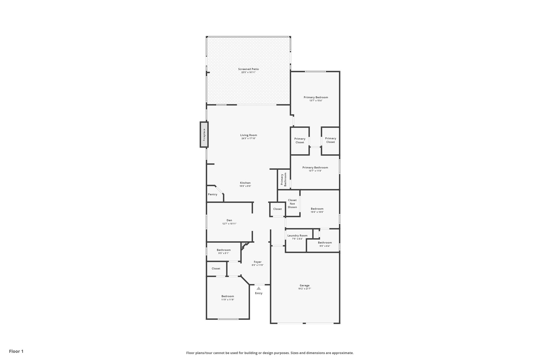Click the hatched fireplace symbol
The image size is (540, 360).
pyautogui.click(x=204, y=135)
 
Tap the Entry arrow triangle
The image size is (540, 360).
pyautogui.click(x=259, y=288)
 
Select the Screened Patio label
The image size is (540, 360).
pyautogui.click(x=248, y=69)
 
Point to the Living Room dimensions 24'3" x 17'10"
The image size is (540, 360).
pyautogui.click(x=248, y=138)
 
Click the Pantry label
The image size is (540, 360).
pyautogui.click(x=213, y=194)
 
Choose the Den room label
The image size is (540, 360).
pyautogui.click(x=229, y=220)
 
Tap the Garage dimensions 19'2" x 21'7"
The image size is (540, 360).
pyautogui.click(x=305, y=289)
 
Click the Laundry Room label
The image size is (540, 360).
pyautogui.click(x=297, y=236)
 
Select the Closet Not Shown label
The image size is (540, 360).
pyautogui.click(x=292, y=204)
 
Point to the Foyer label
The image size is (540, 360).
pyautogui.click(x=258, y=262)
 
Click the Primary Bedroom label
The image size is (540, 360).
pyautogui.click(x=316, y=97)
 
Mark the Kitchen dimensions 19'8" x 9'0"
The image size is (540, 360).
pyautogui.click(x=245, y=186)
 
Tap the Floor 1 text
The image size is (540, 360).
pyautogui.click(x=16, y=351)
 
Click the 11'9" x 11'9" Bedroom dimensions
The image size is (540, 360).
pyautogui.click(x=228, y=300)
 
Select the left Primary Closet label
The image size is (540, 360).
pyautogui.click(x=300, y=141)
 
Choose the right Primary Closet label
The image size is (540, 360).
pyautogui.click(x=330, y=140)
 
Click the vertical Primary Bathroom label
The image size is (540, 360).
pyautogui.click(x=283, y=180)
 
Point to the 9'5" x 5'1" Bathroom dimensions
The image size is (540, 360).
pyautogui.click(x=224, y=253)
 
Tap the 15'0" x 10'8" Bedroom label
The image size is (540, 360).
pyautogui.click(x=317, y=209)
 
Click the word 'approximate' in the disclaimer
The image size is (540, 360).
pyautogui.click(x=342, y=353)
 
